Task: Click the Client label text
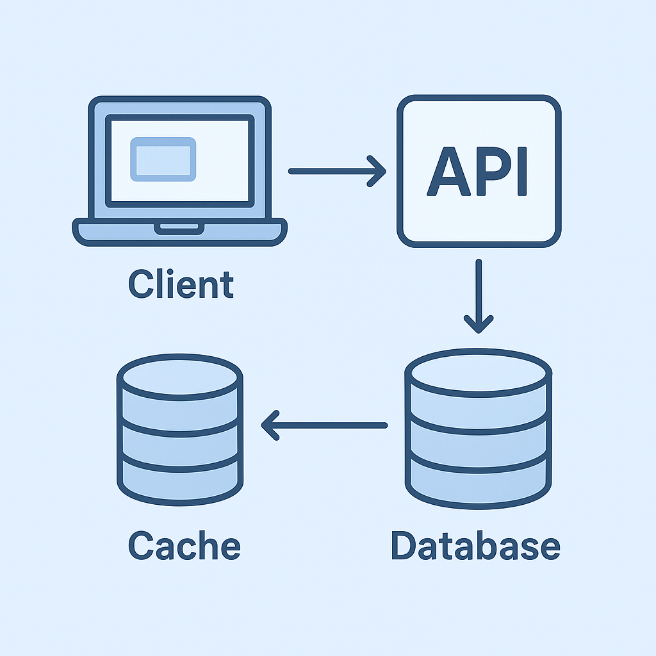(x=181, y=285)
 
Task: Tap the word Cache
(x=184, y=546)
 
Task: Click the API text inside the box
(x=478, y=171)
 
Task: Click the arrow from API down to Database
(x=478, y=295)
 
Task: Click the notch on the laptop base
(x=179, y=228)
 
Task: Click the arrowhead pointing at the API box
(x=378, y=171)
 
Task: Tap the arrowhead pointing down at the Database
(x=478, y=324)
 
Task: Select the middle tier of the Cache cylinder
(x=179, y=442)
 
